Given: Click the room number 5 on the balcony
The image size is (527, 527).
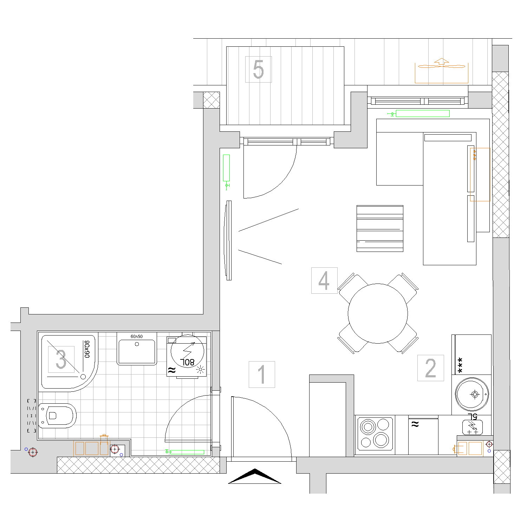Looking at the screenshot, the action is coord(258,69).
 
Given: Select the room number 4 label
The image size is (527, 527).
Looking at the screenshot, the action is coord(324,280).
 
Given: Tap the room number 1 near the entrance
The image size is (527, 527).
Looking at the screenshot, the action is coord(262,375).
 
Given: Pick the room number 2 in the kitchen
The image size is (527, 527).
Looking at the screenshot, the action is coord(430,368).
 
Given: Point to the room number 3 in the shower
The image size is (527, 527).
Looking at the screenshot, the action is coord(61,359).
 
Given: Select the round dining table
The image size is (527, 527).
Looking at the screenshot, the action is coord(378,313).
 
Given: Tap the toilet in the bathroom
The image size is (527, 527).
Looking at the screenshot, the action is coord(57,416).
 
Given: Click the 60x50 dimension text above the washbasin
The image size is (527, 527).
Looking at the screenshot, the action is coord(137,336).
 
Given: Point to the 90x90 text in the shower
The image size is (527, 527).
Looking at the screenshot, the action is coord(87,349).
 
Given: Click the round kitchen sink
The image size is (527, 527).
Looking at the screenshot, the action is coord(472,394).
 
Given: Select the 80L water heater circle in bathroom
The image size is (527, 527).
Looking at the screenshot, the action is coord(187,351).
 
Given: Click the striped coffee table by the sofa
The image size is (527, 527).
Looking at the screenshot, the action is coord(380,228).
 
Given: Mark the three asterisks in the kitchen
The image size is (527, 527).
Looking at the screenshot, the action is coord(460,365).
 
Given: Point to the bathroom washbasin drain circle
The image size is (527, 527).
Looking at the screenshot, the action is coord(137,344).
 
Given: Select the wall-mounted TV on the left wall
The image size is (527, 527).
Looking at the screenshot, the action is coord(229,240).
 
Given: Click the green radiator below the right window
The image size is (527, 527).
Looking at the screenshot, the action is coord(423,113).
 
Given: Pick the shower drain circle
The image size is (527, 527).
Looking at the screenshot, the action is coord(83,377).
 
